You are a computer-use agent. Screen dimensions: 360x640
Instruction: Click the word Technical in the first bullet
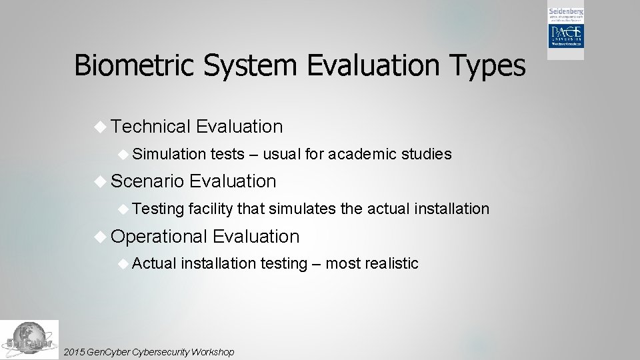click(151, 127)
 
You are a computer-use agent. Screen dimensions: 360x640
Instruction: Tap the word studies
click(427, 155)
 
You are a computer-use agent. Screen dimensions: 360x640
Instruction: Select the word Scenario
click(147, 181)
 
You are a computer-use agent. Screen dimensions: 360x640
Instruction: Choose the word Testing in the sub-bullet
click(158, 209)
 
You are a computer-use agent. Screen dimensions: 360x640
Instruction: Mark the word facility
click(211, 209)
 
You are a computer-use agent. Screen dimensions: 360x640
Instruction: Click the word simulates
click(303, 209)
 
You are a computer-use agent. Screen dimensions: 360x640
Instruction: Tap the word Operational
click(159, 237)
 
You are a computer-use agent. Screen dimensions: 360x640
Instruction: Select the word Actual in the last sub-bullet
click(155, 264)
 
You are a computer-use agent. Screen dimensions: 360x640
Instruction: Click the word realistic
click(391, 264)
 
